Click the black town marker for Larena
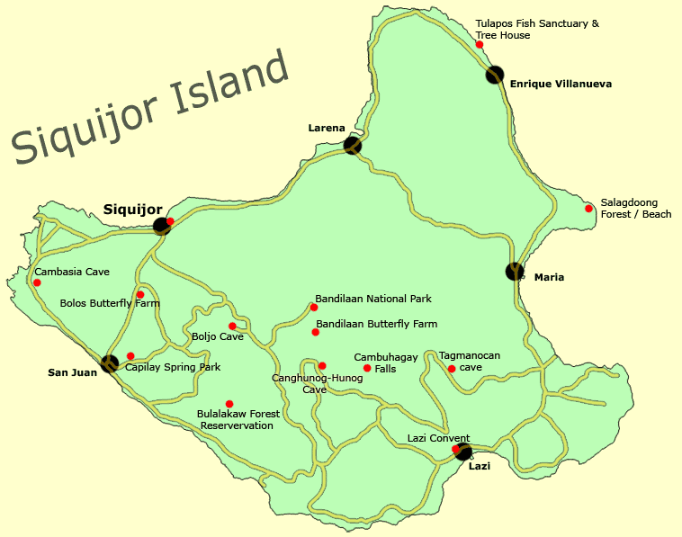coord(353,145)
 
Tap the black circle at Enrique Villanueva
coord(495,75)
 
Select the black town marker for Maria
coord(515,271)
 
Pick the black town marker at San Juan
coord(110,363)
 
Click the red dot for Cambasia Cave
coord(37,282)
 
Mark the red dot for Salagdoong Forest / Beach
coord(589,209)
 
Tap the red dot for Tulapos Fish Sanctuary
coord(480,44)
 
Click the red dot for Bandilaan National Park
coord(314,308)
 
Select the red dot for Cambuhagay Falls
coord(367,368)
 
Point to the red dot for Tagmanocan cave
coord(452,368)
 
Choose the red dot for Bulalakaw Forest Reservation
coord(229,404)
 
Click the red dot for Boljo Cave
coord(232,326)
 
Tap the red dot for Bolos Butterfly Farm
coord(140,294)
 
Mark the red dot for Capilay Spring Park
coord(130,356)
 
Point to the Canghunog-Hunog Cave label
coord(317,383)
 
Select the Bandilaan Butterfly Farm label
coord(377,324)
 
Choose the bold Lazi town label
coord(480,466)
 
